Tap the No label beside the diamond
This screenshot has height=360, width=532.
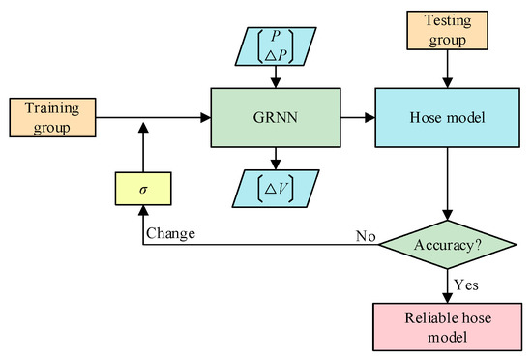coord(366,233)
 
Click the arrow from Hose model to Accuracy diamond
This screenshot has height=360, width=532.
coord(446,184)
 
